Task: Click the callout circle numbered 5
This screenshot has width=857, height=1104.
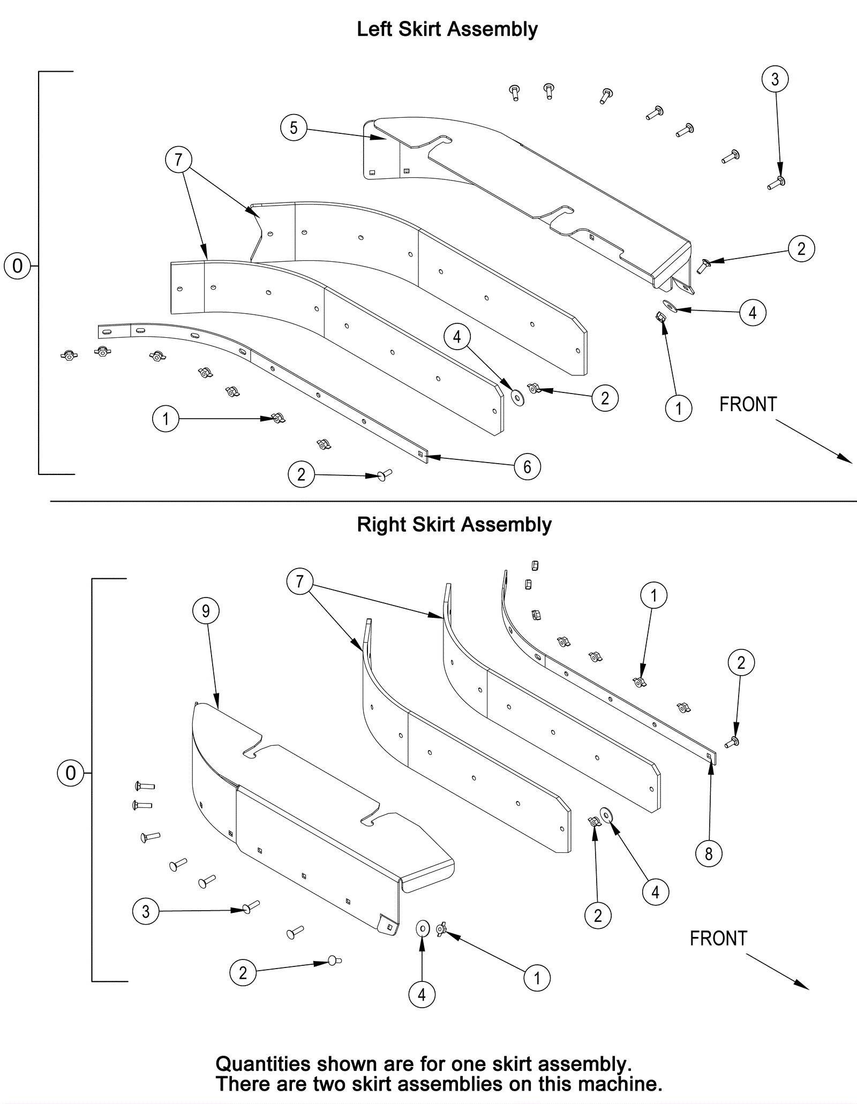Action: click(294, 128)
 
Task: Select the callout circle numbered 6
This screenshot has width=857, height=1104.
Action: click(527, 467)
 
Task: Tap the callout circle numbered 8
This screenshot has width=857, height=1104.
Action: click(709, 853)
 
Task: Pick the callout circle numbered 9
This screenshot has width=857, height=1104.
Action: click(206, 611)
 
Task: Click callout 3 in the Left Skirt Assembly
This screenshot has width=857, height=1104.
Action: click(775, 79)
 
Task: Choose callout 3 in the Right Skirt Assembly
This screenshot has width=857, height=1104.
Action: click(146, 911)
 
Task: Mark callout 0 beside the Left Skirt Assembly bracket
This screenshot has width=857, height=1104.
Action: click(17, 266)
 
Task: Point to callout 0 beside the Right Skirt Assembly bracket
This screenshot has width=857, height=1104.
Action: click(71, 773)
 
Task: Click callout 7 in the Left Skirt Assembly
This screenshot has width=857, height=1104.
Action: click(178, 160)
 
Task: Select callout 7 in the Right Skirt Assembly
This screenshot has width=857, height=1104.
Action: click(299, 581)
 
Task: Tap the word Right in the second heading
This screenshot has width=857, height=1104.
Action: click(381, 525)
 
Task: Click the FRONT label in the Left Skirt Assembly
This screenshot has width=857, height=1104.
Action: click(748, 405)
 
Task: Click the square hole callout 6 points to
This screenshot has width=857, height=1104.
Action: click(422, 455)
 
